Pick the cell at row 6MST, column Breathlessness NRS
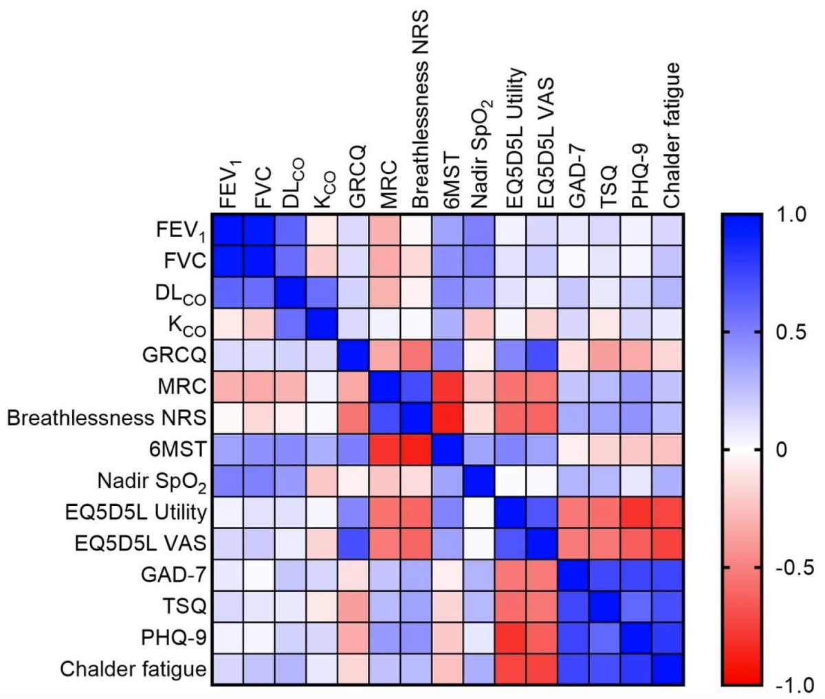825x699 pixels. tap(417, 449)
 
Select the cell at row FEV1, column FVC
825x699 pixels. tap(258, 230)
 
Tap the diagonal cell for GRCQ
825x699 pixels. tap(353, 355)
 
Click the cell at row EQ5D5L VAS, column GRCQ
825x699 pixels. tap(353, 543)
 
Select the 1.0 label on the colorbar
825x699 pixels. tap(789, 215)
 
